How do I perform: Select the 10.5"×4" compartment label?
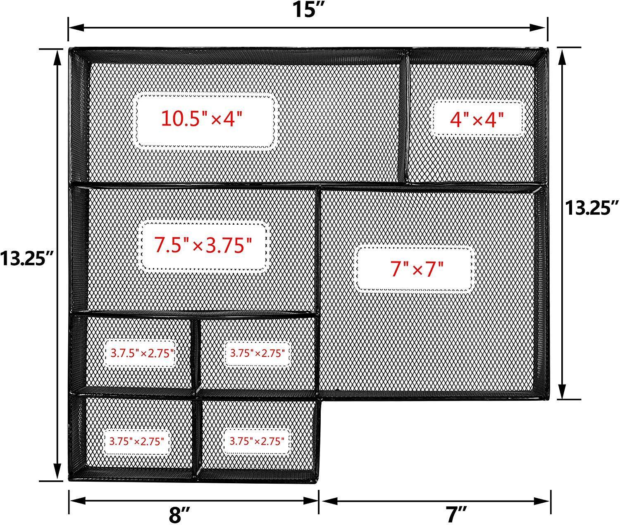click(202, 119)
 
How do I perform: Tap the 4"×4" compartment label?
click(477, 119)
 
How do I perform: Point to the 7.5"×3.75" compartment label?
click(203, 245)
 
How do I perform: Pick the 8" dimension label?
click(179, 515)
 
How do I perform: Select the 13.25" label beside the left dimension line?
click(26, 258)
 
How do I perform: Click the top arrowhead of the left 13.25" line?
click(57, 57)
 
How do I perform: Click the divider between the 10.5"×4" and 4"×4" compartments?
click(406, 117)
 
